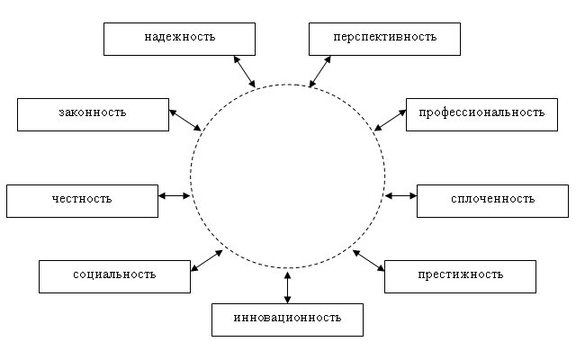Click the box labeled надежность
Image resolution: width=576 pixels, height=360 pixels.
179,39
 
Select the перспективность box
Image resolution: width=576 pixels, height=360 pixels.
384,39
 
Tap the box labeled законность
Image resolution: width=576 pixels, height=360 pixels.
93,114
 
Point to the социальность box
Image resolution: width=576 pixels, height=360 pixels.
114,275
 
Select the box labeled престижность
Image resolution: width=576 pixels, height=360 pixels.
460,275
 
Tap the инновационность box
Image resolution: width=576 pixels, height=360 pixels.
287,319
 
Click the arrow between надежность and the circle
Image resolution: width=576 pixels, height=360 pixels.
244,71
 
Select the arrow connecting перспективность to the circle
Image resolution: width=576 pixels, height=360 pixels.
319,71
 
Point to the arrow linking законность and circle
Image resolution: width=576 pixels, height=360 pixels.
185,120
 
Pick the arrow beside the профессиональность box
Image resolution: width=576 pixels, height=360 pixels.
390,119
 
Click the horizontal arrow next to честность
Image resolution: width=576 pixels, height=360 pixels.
174,194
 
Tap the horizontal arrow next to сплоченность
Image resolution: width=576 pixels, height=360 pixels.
400,194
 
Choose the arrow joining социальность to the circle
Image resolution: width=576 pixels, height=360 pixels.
207,260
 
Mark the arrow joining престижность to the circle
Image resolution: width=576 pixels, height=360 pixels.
369,260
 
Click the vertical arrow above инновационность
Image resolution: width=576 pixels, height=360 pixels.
287,286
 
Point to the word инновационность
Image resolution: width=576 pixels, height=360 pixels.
287,319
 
